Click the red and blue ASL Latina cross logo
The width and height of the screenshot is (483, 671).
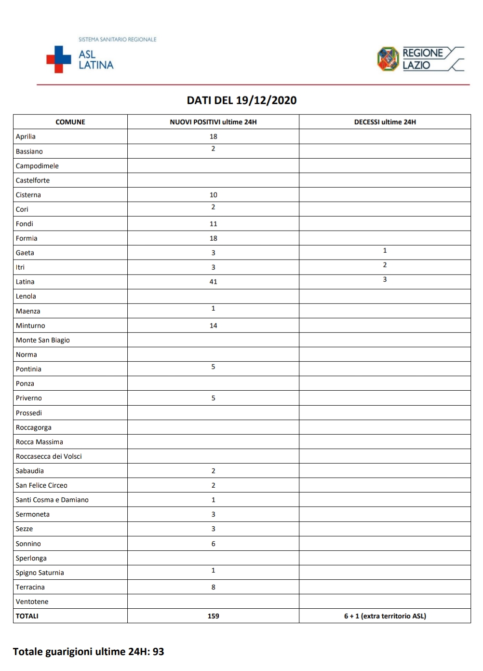[x=58, y=59]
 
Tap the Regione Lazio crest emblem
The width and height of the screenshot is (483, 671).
[x=388, y=59]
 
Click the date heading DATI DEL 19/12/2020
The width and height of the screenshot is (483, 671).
[x=241, y=100]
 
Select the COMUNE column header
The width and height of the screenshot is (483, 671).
[x=70, y=122]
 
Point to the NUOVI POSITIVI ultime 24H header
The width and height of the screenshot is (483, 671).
[x=213, y=122]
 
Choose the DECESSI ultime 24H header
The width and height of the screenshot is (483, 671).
[x=385, y=122]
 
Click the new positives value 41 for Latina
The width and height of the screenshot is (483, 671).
[x=213, y=282]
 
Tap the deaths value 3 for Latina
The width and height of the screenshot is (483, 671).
[x=385, y=279]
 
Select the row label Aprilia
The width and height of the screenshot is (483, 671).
[x=26, y=137]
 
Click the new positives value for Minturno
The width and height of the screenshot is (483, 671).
[x=213, y=326]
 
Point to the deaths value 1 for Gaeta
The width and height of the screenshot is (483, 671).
[x=385, y=250]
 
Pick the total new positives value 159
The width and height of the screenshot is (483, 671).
[x=213, y=616]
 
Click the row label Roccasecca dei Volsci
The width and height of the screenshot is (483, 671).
[x=49, y=456]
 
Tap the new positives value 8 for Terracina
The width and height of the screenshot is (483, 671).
[x=213, y=587]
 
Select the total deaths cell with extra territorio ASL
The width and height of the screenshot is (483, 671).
[x=385, y=616]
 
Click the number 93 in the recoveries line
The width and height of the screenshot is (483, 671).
[x=158, y=652]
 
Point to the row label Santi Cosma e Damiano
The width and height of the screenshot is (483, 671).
[x=52, y=500]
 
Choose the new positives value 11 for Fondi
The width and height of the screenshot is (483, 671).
[x=213, y=224]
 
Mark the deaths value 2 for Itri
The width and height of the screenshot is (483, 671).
[x=385, y=265]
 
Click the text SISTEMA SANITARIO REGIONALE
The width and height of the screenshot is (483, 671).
[x=118, y=40]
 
